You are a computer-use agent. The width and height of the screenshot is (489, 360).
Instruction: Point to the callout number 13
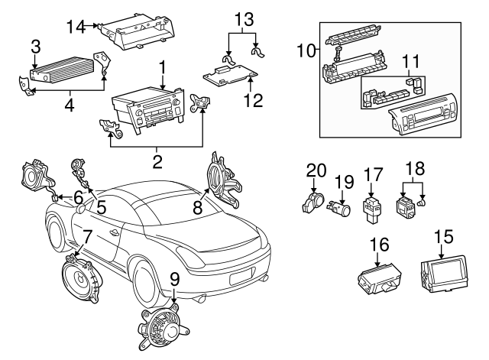(x=242, y=17)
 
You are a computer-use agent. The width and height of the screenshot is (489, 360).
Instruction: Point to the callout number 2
(x=157, y=161)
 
